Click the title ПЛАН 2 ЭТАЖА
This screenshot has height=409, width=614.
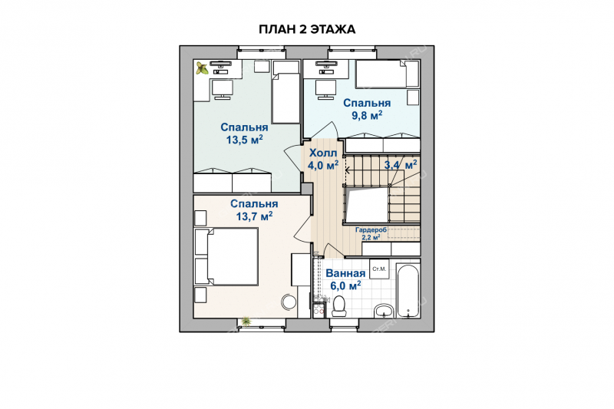(307, 29)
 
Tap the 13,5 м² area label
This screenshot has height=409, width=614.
(244, 140)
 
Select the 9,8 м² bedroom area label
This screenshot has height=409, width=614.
(367, 115)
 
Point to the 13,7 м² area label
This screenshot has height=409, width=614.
(254, 216)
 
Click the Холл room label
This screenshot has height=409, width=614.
(322, 153)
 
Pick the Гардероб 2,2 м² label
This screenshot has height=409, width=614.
(371, 233)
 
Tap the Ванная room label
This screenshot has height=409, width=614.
(345, 273)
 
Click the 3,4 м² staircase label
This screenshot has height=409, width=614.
(401, 165)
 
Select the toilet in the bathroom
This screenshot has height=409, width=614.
(338, 306)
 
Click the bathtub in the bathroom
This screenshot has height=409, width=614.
(408, 291)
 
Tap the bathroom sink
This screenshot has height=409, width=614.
(384, 311)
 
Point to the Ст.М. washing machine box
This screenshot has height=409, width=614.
(379, 269)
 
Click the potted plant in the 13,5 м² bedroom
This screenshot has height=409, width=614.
(202, 68)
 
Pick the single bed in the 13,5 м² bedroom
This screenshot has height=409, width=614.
(286, 92)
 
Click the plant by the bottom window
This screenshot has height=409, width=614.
(246, 322)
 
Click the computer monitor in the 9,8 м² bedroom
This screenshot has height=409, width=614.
(325, 90)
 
